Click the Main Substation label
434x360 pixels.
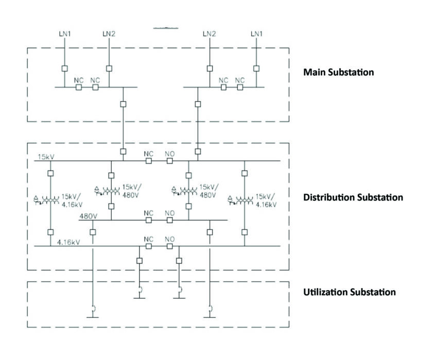click(338, 72)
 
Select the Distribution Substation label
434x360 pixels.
click(353, 197)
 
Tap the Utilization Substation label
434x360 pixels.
click(350, 292)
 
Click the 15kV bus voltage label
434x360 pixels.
click(45, 156)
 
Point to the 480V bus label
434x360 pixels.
click(88, 216)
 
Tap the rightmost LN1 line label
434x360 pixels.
click(256, 34)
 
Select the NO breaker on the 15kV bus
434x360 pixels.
click(170, 161)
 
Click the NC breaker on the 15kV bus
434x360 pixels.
click(148, 161)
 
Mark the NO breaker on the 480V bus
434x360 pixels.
click(170, 220)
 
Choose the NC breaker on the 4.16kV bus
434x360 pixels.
click(148, 246)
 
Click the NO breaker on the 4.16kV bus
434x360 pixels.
click(170, 246)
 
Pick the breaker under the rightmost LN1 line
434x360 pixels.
click(256, 68)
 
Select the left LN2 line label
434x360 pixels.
click(109, 34)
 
